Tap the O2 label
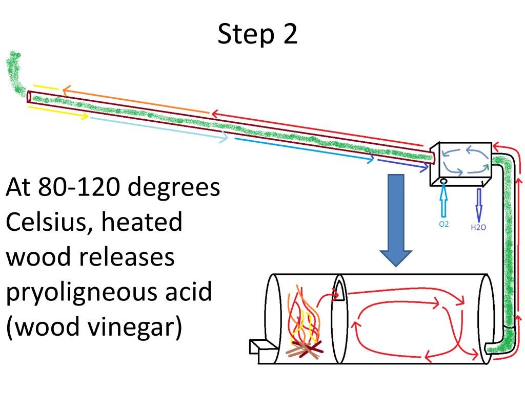point(444,224)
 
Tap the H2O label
point(478,227)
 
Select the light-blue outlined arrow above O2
point(444,202)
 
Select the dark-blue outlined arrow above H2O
point(479,204)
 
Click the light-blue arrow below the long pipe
point(159,127)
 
